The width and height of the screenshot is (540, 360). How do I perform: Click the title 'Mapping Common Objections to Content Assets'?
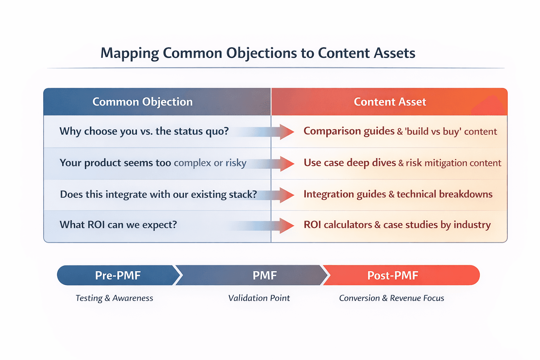point(258,53)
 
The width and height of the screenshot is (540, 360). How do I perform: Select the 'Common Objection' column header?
point(142,102)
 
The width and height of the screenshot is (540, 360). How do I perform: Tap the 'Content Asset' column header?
point(390,102)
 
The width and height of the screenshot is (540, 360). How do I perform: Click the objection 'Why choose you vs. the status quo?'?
point(144,131)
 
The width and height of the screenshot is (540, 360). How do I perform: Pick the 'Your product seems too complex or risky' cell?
point(153,163)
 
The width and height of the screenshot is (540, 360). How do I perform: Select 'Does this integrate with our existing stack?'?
point(158,194)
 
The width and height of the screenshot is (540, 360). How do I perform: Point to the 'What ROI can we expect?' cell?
point(118,225)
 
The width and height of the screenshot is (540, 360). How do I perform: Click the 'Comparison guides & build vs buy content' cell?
point(400,131)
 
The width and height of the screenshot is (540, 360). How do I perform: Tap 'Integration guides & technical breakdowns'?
point(398,194)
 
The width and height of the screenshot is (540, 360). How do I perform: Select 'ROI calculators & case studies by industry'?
point(397,225)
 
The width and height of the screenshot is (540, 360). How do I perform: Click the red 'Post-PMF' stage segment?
point(397,275)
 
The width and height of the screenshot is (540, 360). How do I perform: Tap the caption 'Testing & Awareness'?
point(114,298)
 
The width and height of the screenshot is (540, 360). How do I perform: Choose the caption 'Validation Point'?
point(259,298)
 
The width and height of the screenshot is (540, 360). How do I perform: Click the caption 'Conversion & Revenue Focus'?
point(391,298)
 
